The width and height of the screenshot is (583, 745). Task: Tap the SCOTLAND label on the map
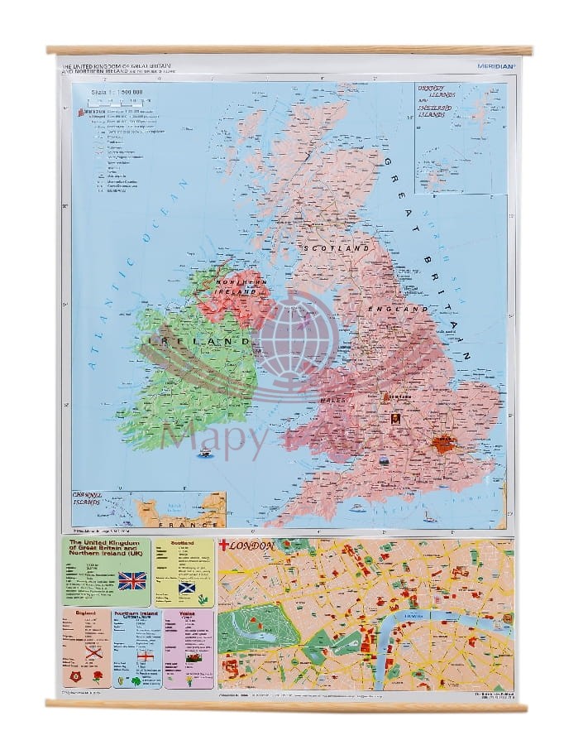click(x=337, y=248)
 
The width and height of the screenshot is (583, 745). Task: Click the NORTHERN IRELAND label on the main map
click(x=238, y=286)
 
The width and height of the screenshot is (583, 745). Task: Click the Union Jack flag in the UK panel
click(x=132, y=579)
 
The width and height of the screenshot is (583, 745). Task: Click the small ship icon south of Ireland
click(x=202, y=453)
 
